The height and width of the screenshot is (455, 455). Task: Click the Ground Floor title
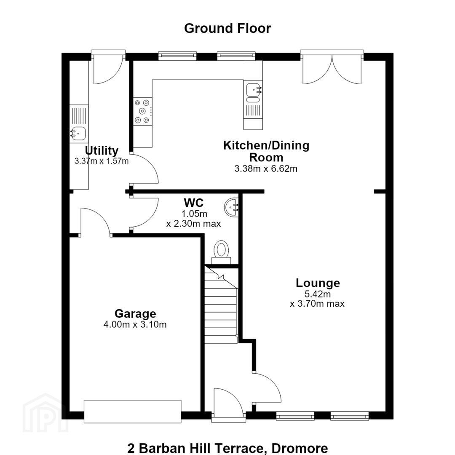(227, 29)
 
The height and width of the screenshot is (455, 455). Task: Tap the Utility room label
(102, 150)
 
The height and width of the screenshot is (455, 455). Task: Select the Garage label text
(135, 314)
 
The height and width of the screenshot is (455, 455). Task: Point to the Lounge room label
(318, 283)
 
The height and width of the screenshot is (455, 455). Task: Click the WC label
(194, 202)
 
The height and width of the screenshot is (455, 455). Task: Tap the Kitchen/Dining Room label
(266, 151)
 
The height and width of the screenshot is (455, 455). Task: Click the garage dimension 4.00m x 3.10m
(135, 324)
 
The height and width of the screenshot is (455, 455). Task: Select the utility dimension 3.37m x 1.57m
(102, 161)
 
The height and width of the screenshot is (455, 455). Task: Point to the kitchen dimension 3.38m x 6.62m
(266, 169)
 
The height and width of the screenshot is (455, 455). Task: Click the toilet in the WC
(221, 252)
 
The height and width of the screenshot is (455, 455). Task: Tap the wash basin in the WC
(231, 207)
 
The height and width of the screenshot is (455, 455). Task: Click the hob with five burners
(143, 111)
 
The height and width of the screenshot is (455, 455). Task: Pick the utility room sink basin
(78, 134)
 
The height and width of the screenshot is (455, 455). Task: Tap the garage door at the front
(133, 411)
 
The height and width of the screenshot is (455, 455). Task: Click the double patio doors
(332, 67)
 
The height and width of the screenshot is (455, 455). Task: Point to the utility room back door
(108, 67)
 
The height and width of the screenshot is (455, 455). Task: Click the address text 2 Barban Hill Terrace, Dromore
(228, 448)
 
